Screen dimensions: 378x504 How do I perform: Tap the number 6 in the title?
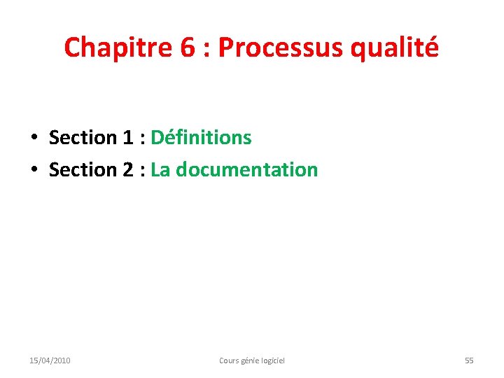click(x=187, y=48)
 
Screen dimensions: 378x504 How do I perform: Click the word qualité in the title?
click(x=402, y=48)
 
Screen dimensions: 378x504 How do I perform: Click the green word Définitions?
click(x=201, y=137)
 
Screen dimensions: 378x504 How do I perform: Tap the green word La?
click(x=160, y=169)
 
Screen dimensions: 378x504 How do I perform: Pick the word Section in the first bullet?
click(x=83, y=137)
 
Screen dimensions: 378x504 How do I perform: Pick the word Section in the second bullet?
click(x=83, y=169)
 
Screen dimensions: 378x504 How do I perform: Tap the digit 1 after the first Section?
click(x=127, y=137)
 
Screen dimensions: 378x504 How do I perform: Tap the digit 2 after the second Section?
click(x=127, y=169)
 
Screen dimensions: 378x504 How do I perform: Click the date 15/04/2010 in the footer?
click(x=50, y=360)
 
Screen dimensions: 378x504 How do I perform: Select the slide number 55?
click(x=469, y=360)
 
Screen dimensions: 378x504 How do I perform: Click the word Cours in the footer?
click(x=230, y=360)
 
